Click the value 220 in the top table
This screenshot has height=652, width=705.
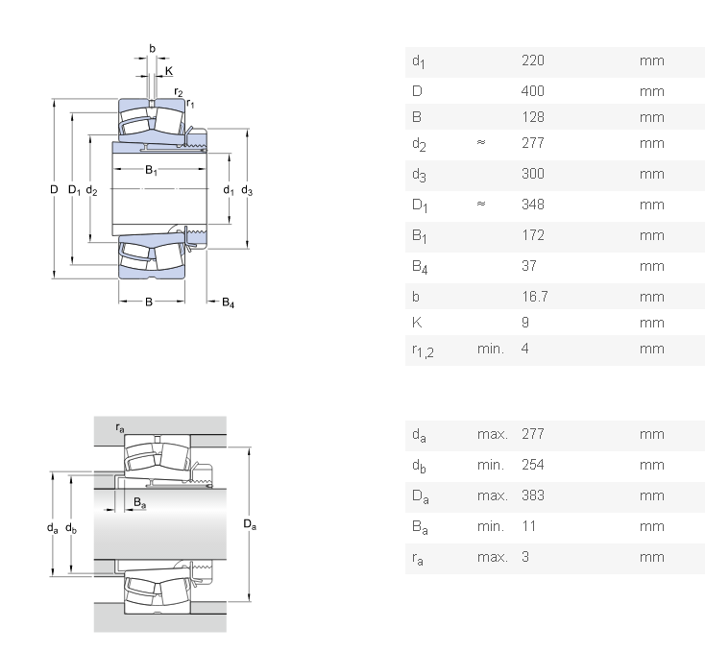coord(532,60)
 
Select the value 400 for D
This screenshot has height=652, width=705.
coord(532,91)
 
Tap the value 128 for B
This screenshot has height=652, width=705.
coord(532,117)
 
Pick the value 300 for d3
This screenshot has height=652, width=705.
coord(532,174)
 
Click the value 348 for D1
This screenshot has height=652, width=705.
coord(532,205)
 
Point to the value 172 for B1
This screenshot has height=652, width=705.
coord(532,235)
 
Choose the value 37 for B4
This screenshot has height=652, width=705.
coord(528,266)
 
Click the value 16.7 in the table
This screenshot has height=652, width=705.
coord(534,297)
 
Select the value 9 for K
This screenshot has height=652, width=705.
coord(525,323)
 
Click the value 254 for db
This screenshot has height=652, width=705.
coord(532,465)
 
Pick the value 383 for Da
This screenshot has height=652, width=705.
coord(532,495)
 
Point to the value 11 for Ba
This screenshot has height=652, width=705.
coord(528,526)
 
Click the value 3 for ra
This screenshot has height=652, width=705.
coord(525,557)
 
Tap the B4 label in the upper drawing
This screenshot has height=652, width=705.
coord(228,303)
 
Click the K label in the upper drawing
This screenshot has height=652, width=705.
coord(169,71)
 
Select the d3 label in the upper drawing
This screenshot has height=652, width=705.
coord(247,190)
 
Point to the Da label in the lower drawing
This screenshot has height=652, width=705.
coord(250,524)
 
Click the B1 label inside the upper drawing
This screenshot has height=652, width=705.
coord(152,171)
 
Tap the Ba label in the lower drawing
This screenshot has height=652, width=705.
coord(139,502)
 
